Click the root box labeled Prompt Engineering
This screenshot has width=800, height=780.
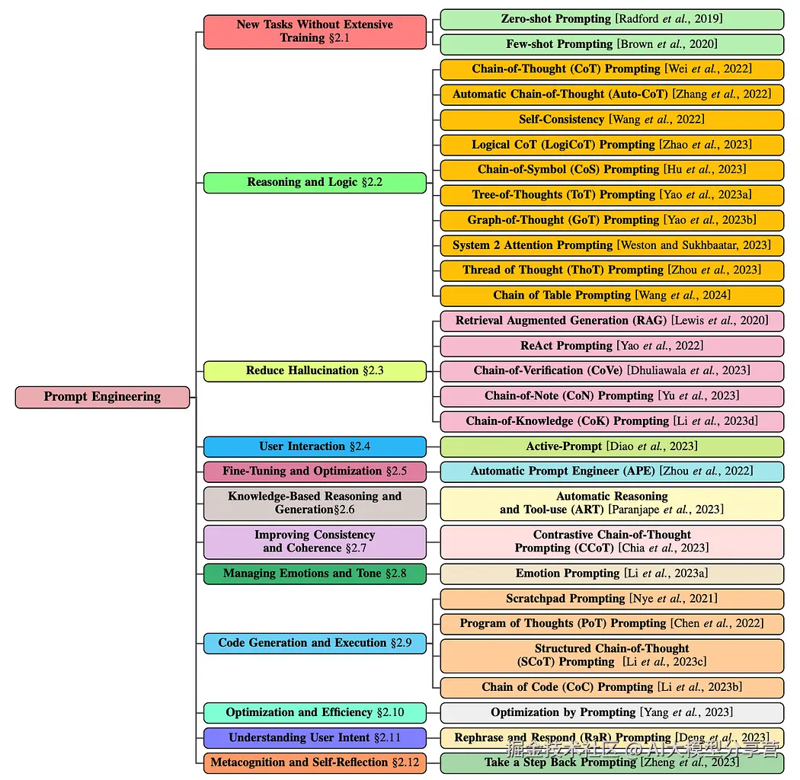[x=102, y=397]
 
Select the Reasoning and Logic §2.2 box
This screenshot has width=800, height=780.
[x=315, y=182]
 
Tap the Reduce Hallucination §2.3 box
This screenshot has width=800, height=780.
[x=315, y=371]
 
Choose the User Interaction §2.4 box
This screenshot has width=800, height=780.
[x=315, y=446]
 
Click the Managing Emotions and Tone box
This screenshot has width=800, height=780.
[x=315, y=574]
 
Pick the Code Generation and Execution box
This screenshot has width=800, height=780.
[x=315, y=643]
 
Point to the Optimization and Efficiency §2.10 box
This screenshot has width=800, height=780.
[x=315, y=713]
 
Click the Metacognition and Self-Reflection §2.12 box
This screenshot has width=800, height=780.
[x=315, y=762]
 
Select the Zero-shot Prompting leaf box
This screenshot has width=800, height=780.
[x=612, y=19]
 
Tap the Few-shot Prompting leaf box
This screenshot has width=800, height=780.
[x=612, y=44]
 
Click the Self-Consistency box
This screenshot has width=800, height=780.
[x=612, y=120]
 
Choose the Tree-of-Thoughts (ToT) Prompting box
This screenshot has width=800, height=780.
[x=612, y=195]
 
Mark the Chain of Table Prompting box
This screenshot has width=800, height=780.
[x=612, y=296]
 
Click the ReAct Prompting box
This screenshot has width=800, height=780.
[x=612, y=346]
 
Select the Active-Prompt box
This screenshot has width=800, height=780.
[x=612, y=446]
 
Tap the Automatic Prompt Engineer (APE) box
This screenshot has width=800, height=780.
[x=612, y=472]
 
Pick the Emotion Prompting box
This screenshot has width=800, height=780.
[x=612, y=574]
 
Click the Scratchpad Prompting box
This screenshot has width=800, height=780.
[x=612, y=599]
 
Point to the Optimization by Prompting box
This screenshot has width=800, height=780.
[x=612, y=713]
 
